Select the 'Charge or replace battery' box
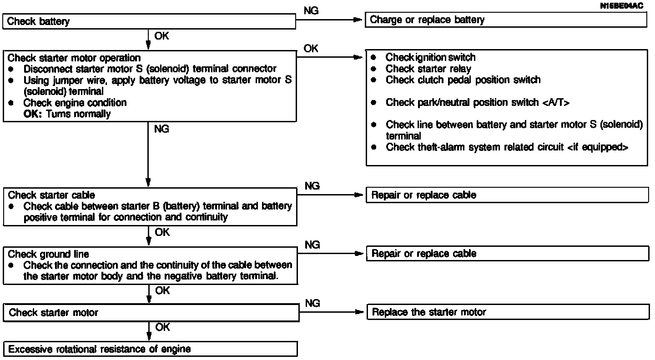click(506, 20)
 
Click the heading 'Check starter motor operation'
click(74, 58)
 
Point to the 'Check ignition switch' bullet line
click(430, 57)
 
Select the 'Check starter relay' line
click(428, 69)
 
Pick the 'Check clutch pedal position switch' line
click(463, 80)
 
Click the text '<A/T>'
click(556, 103)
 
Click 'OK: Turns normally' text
click(67, 114)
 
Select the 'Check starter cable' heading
click(51, 195)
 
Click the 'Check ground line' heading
click(48, 254)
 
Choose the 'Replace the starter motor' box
click(508, 312)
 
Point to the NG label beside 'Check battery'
click(311, 11)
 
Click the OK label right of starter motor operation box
click(311, 49)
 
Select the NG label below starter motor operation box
click(161, 130)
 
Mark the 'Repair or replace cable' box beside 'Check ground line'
click(508, 253)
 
